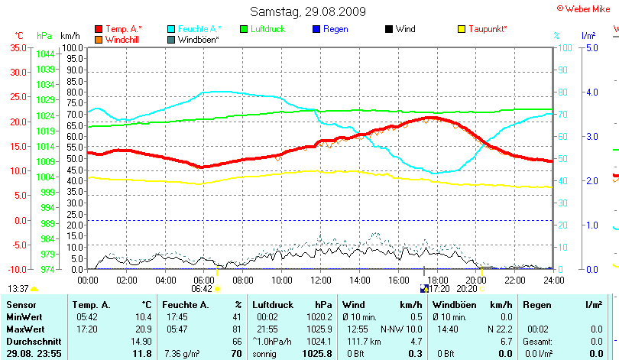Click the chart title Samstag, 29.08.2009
click(308, 11)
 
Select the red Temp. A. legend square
click(99, 29)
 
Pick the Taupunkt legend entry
click(488, 29)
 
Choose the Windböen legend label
click(198, 39)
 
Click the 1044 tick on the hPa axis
click(45, 54)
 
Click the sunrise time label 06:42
click(202, 290)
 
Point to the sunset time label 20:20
click(465, 290)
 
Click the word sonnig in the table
click(266, 354)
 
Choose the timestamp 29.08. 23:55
click(34, 354)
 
